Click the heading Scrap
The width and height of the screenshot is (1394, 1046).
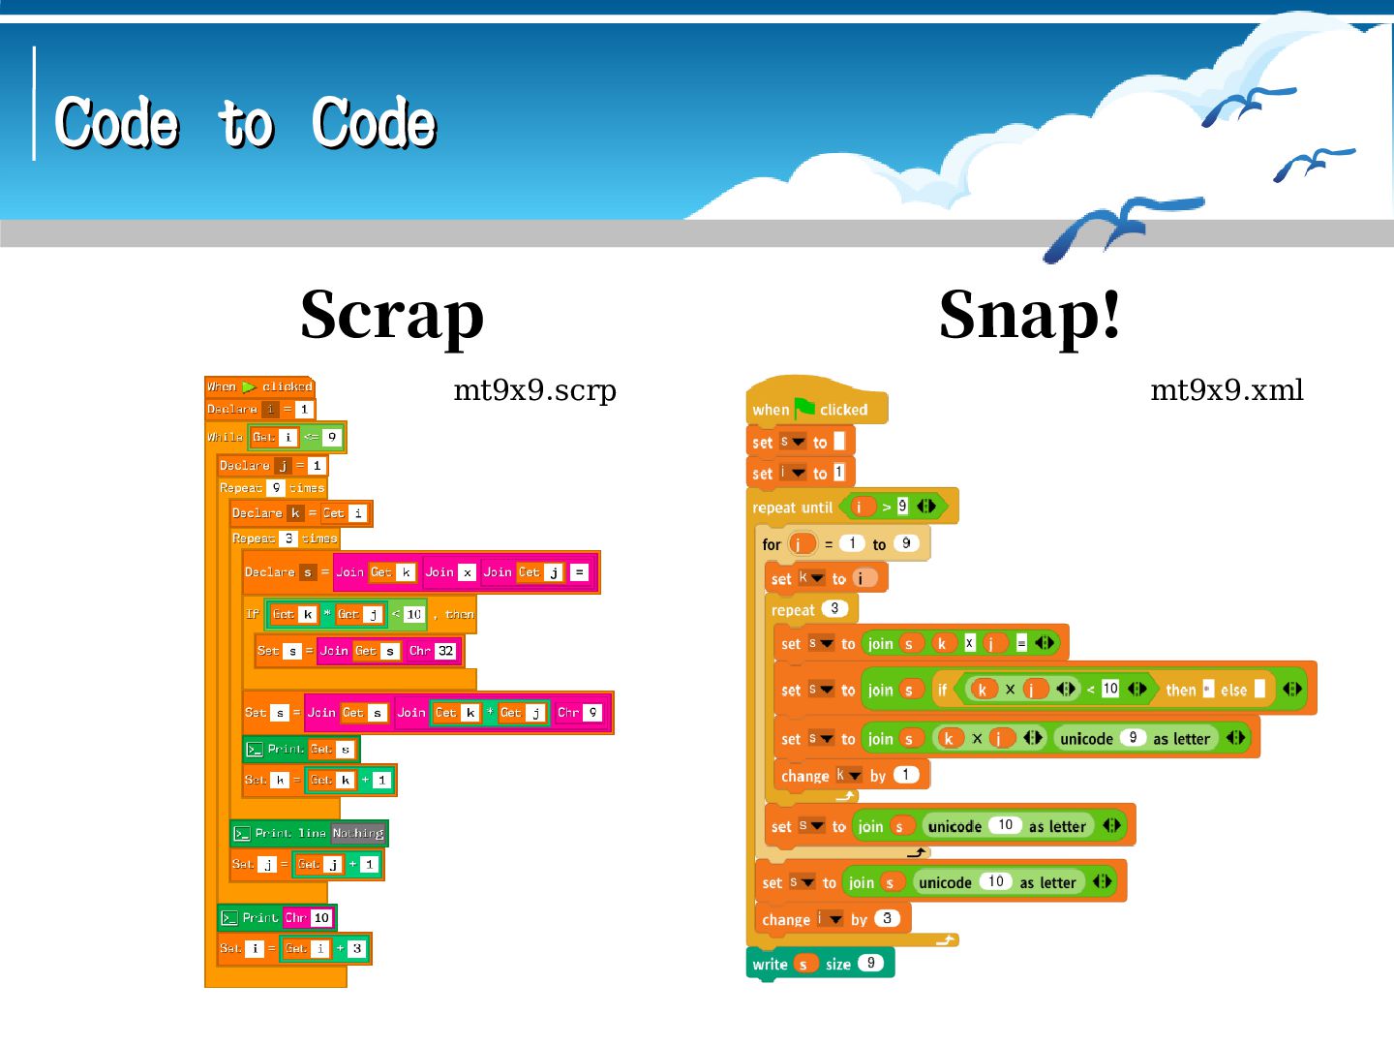[x=392, y=315]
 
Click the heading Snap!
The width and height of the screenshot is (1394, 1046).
[x=1030, y=315]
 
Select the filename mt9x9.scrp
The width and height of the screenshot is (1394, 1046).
[x=534, y=390]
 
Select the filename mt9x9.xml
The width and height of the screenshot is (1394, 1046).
[x=1227, y=390]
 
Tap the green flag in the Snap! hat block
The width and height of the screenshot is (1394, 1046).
[x=804, y=408]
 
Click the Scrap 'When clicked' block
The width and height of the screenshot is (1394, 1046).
[x=259, y=386]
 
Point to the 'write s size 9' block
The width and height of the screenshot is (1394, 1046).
[x=819, y=964]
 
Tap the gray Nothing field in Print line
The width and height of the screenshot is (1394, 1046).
[x=358, y=833]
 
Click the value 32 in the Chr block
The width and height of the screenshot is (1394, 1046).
[x=445, y=651]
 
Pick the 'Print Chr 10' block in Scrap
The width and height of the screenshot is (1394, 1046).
[x=277, y=917]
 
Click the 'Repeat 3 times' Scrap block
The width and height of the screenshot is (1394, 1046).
[x=285, y=538]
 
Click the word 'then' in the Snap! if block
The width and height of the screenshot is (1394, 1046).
[x=1180, y=690]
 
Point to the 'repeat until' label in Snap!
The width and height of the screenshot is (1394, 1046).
[x=792, y=508]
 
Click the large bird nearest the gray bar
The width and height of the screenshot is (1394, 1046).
[x=1113, y=228]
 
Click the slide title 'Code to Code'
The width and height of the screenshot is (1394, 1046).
[x=246, y=123]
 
